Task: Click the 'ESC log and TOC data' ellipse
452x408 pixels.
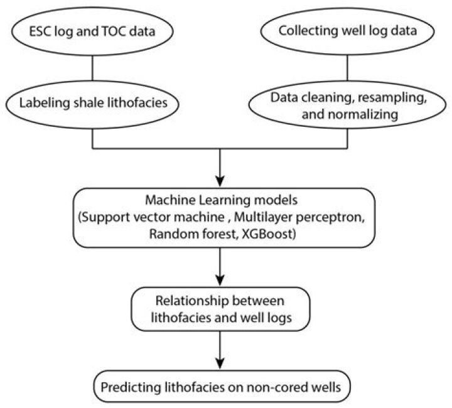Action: click(x=92, y=31)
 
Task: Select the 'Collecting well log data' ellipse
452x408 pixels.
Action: click(x=347, y=31)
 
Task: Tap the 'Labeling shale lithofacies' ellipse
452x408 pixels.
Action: click(x=92, y=104)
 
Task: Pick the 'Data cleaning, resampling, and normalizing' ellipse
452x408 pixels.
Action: click(x=347, y=105)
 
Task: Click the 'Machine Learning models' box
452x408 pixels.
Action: click(x=224, y=218)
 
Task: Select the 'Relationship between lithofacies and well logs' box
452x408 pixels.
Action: click(x=220, y=309)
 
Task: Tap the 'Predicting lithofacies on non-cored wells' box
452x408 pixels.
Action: click(x=222, y=387)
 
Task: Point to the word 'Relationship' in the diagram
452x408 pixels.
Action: click(x=191, y=301)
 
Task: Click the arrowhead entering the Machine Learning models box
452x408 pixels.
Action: click(x=220, y=181)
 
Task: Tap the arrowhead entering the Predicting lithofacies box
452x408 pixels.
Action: click(x=220, y=363)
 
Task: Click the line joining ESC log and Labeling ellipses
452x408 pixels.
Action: click(x=92, y=68)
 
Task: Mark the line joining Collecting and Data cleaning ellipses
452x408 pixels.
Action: click(x=347, y=68)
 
